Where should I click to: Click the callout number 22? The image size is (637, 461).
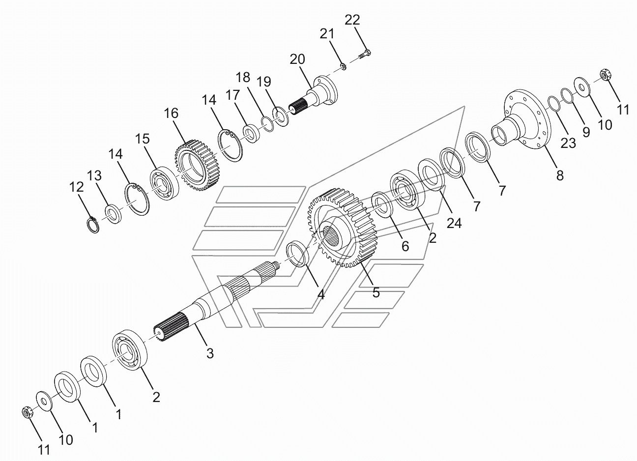352,20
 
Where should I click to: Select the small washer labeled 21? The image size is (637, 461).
344,67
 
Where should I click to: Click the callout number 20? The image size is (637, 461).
297,59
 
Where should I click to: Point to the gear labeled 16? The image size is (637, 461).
198,165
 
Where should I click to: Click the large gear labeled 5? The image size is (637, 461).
342,228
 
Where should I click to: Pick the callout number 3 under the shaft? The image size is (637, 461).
210,353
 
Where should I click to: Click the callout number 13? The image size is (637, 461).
94,175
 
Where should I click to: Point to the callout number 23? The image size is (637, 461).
568,143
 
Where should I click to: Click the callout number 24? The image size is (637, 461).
454,223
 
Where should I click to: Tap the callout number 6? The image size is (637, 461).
405,246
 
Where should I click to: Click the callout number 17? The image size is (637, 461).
232,95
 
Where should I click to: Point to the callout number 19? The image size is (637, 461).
263,82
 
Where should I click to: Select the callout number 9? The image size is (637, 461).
586,132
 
